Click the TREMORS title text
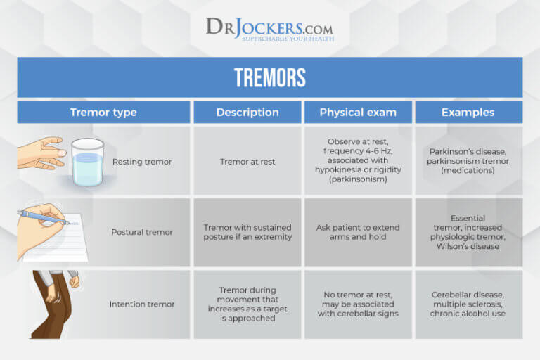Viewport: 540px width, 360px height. (x=270, y=77)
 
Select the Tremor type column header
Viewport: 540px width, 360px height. (x=103, y=112)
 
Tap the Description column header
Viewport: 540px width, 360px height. (x=247, y=112)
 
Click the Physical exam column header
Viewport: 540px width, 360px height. (x=358, y=112)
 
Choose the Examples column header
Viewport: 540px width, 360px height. (x=468, y=112)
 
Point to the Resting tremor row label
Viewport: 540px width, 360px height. (x=141, y=162)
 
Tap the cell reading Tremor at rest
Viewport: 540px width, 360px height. (x=247, y=162)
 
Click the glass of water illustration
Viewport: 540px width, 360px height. (x=87, y=162)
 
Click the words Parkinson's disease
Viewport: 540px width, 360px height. (x=468, y=151)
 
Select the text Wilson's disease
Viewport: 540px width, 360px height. (x=468, y=246)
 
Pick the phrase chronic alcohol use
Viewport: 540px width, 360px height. (x=468, y=314)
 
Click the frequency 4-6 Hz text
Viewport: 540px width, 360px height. (x=358, y=150)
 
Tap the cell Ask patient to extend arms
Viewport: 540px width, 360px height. (x=358, y=232)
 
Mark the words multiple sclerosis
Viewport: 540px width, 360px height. (x=468, y=304)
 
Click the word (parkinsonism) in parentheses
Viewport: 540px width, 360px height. (x=358, y=180)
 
